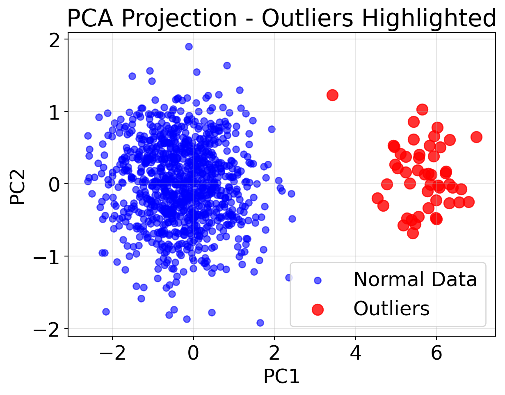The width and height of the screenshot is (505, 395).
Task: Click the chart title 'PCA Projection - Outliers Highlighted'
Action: (x=281, y=18)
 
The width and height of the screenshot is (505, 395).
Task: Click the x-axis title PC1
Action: (x=281, y=377)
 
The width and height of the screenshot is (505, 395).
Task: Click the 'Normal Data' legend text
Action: (x=415, y=280)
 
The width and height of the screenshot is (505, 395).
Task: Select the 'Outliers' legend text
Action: (x=391, y=308)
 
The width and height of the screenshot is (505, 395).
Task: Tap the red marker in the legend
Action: (x=317, y=309)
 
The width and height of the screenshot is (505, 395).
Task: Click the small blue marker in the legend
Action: (x=317, y=281)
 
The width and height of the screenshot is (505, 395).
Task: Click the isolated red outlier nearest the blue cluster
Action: (x=332, y=95)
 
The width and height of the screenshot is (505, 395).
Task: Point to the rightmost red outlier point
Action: (x=476, y=137)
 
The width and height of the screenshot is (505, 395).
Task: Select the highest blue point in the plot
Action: (x=189, y=46)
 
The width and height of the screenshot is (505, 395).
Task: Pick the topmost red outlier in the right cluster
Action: (x=422, y=109)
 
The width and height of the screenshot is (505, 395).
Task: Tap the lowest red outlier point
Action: (x=413, y=233)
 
